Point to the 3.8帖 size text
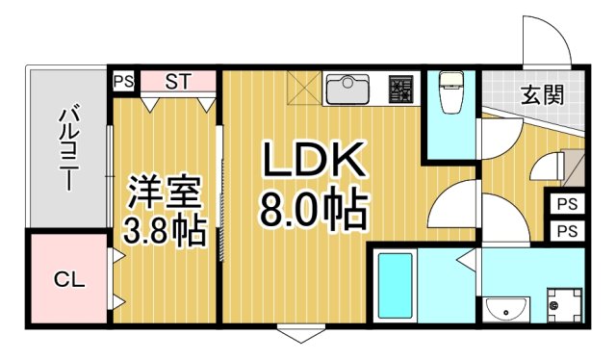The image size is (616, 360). tap(166, 231)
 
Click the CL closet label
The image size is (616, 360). tap(68, 280)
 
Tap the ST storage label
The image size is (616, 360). tap(177, 81)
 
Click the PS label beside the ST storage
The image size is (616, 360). tap(123, 81)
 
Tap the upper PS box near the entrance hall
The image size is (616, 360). tap(567, 204)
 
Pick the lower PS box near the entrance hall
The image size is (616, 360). tap(567, 230)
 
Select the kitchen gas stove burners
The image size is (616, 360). tap(400, 90)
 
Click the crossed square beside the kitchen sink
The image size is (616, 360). tap(301, 89)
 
